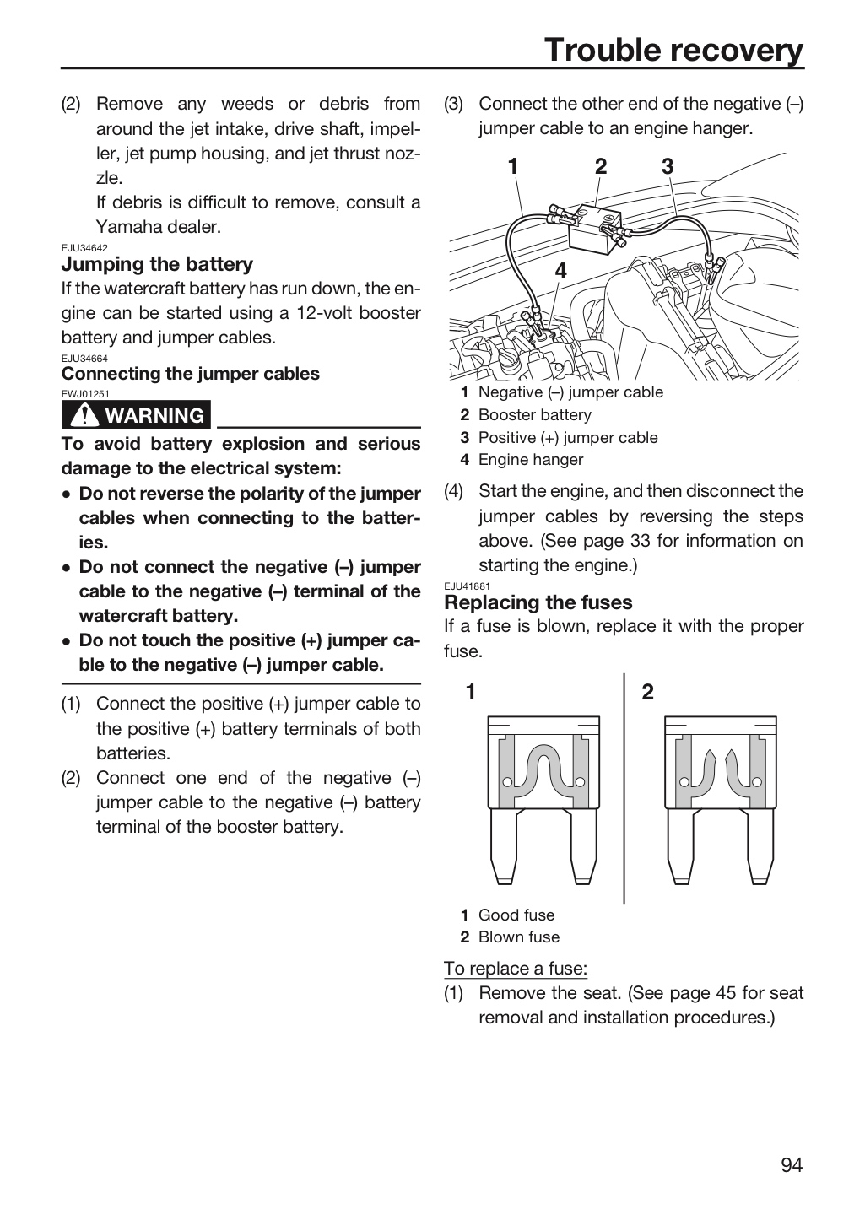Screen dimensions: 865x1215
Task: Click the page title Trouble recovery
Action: [x=673, y=50]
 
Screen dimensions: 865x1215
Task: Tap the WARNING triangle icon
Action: [x=84, y=415]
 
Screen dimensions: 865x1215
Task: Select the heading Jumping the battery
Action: [x=157, y=264]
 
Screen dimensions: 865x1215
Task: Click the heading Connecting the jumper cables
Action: [x=191, y=374]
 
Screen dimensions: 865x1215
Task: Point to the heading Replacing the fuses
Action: [x=538, y=602]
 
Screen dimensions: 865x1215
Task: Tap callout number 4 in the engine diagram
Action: [x=560, y=271]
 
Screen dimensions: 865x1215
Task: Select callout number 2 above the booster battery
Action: [x=601, y=166]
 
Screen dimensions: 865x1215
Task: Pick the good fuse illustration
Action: [x=543, y=801]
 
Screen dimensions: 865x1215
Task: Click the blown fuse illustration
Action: [x=720, y=801]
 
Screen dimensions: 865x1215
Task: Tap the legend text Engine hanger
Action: [x=530, y=460]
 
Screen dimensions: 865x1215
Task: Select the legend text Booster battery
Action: [x=534, y=415]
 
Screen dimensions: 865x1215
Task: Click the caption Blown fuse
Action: [x=519, y=937]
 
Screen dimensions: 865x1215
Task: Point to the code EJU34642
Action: [x=84, y=248]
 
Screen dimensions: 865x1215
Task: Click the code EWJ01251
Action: [x=84, y=394]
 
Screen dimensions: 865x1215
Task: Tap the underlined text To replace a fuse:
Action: [x=516, y=969]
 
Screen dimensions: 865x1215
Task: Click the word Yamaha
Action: [x=122, y=227]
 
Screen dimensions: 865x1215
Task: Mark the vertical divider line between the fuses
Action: [x=624, y=788]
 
